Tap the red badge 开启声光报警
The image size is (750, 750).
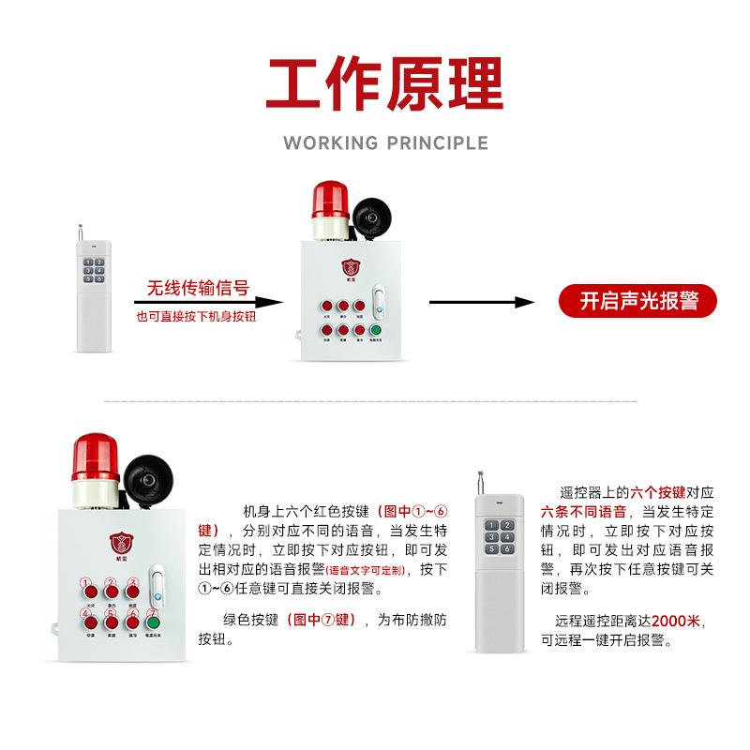[637, 302]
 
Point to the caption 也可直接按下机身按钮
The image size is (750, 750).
[196, 317]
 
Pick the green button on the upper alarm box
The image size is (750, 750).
[375, 329]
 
